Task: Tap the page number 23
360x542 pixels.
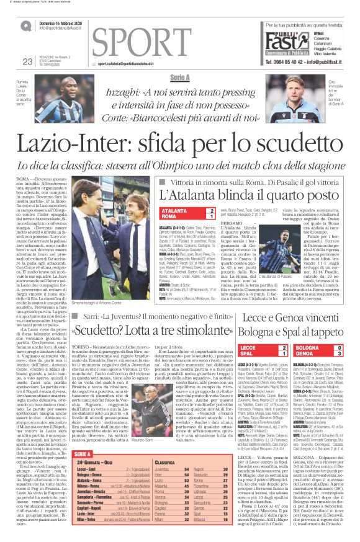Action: pos(26,61)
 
